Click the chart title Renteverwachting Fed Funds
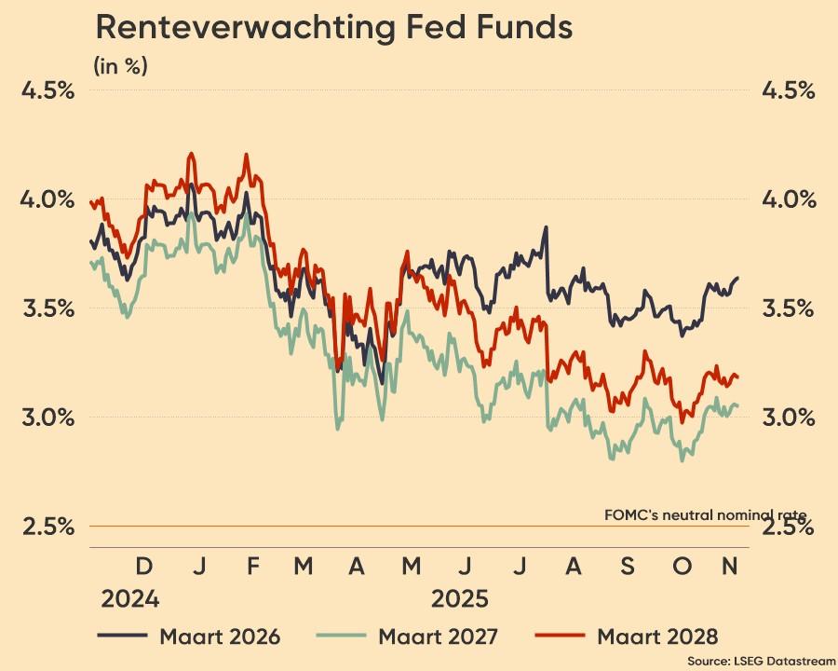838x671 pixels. click(333, 29)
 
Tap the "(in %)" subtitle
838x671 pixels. click(120, 66)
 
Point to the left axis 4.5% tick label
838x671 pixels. click(48, 91)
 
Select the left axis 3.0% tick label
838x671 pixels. click(48, 417)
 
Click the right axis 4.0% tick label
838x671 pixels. click(789, 199)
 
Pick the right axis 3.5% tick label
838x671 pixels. click(789, 308)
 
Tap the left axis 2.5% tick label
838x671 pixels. click(48, 527)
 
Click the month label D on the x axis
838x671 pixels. click(143, 567)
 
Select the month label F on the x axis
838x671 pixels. click(250, 567)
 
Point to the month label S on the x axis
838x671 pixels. click(627, 567)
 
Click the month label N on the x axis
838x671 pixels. click(732, 567)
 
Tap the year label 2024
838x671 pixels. click(130, 598)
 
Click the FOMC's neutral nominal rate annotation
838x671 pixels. click(705, 514)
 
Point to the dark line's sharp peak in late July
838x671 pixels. click(547, 227)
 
